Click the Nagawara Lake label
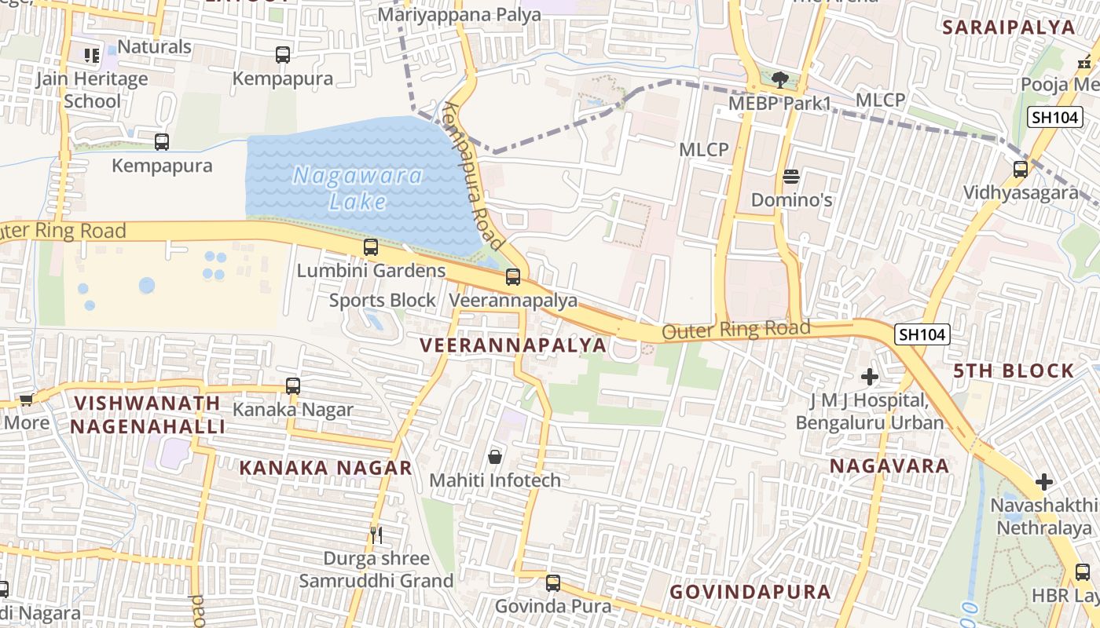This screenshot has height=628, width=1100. pyautogui.click(x=357, y=188)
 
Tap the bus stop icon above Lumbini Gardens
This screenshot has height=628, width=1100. pyautogui.click(x=371, y=247)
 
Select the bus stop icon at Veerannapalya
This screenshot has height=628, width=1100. pyautogui.click(x=513, y=276)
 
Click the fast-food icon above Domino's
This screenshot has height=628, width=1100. pyautogui.click(x=791, y=176)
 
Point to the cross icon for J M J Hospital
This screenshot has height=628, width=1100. pyautogui.click(x=870, y=377)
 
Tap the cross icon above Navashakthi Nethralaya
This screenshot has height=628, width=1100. pyautogui.click(x=1044, y=480)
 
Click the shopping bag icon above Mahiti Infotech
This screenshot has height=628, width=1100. pyautogui.click(x=495, y=456)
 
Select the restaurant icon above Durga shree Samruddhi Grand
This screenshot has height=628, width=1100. pyautogui.click(x=376, y=535)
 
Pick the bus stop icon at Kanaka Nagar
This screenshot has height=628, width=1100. pyautogui.click(x=293, y=386)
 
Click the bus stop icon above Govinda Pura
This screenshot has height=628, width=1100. pyautogui.click(x=553, y=582)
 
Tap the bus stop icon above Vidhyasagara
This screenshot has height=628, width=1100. pyautogui.click(x=1021, y=169)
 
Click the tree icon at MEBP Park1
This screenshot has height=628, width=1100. pyautogui.click(x=779, y=79)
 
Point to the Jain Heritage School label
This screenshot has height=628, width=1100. pyautogui.click(x=92, y=89)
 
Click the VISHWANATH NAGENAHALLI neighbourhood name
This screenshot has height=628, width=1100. pyautogui.click(x=148, y=414)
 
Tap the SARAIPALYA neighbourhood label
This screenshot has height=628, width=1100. pyautogui.click(x=1008, y=27)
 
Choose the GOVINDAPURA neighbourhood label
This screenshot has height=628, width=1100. pyautogui.click(x=750, y=592)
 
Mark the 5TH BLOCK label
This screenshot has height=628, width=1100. pyautogui.click(x=1014, y=371)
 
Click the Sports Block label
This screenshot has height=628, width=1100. pyautogui.click(x=382, y=301)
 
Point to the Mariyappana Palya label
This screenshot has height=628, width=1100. pyautogui.click(x=460, y=14)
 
